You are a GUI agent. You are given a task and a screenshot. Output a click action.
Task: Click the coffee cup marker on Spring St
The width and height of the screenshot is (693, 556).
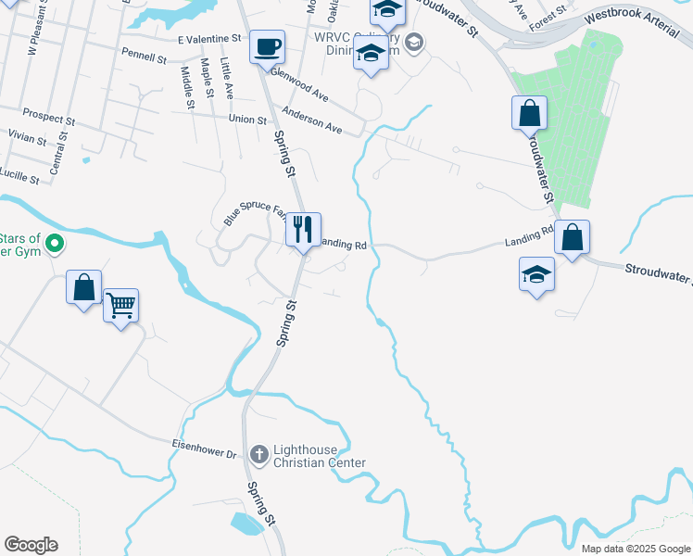point(267,46)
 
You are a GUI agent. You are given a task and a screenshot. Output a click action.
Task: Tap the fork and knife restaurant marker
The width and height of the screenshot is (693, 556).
point(302,229)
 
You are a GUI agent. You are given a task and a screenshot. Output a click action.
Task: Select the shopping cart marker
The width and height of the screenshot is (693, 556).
point(121,304)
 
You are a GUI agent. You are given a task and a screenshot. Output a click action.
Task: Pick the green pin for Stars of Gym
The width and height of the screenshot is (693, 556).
point(55,245)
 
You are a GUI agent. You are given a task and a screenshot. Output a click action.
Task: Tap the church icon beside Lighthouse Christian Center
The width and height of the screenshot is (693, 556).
point(258,453)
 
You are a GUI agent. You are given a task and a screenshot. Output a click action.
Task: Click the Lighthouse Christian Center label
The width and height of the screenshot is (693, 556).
point(319,457)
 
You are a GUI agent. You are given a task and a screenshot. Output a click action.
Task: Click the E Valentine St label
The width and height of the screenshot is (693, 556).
point(209,39)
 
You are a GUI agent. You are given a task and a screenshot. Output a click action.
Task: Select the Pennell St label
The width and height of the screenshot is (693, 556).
point(144,57)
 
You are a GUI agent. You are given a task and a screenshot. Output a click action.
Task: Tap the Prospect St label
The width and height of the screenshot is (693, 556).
point(49,120)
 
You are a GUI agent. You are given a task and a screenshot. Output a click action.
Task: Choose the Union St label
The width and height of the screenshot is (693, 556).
point(247,119)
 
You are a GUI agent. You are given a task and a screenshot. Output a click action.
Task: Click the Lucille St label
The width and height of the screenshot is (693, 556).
point(20,176)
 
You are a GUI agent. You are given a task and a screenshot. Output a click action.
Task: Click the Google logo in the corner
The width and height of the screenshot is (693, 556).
point(31,545)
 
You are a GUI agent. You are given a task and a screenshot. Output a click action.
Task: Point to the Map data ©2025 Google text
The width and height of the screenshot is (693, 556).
point(635,549)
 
